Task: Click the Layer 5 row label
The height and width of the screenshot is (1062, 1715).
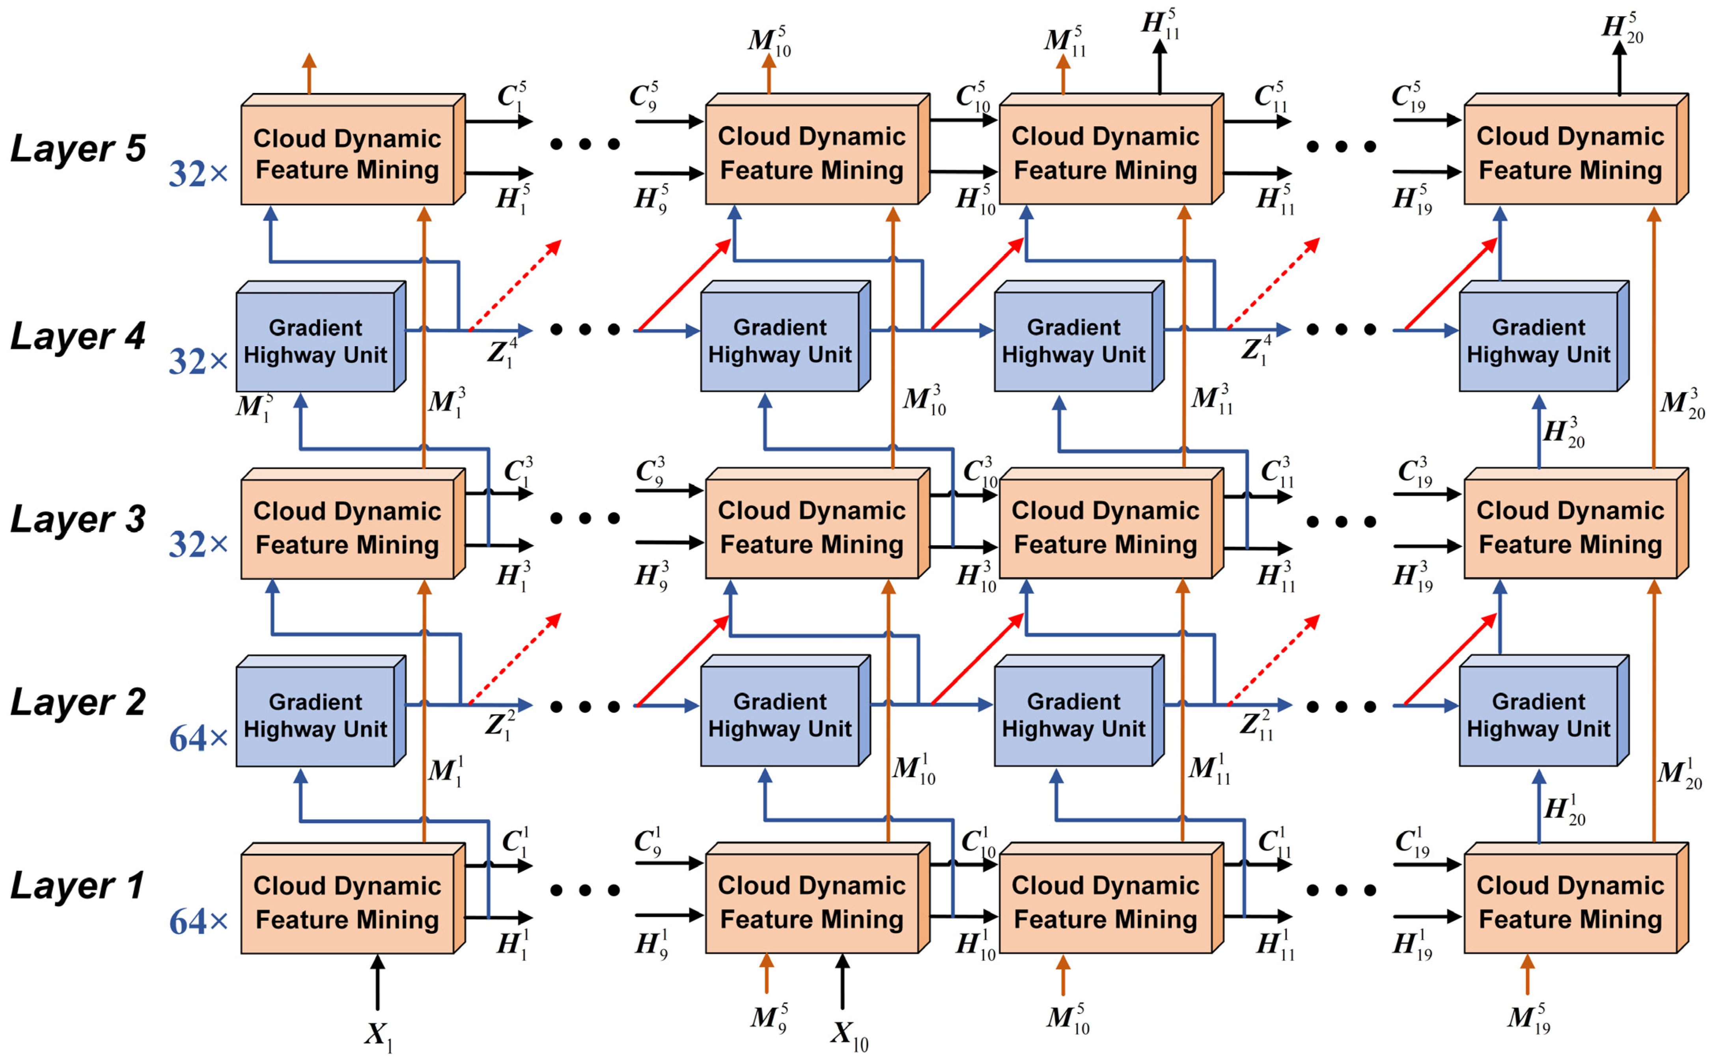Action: (77, 149)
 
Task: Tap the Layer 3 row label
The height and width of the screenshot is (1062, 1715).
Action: (77, 520)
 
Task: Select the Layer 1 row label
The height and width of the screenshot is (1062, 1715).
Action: (77, 887)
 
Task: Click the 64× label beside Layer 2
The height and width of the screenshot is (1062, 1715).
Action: (198, 739)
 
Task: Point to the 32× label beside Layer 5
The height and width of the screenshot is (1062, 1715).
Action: (198, 174)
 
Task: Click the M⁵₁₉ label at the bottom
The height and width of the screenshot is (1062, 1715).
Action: (1528, 1019)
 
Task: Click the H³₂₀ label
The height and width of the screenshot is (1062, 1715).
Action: (1563, 432)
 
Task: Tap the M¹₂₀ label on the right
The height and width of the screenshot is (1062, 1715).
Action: (1679, 773)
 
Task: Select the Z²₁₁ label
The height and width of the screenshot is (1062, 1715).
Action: (1256, 725)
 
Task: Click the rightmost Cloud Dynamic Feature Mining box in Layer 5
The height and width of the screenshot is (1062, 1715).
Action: (1570, 153)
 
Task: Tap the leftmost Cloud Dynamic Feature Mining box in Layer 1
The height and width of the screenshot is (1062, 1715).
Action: (347, 903)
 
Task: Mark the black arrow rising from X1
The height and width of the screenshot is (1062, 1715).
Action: (378, 983)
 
